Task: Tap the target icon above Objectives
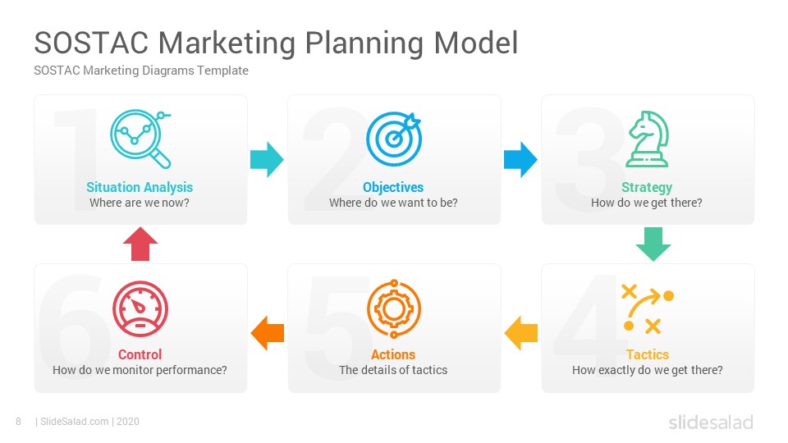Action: (393, 139)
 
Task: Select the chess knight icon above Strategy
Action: (648, 139)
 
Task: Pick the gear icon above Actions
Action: (394, 309)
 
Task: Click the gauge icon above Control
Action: (140, 308)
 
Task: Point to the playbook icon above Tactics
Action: (648, 308)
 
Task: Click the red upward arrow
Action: (140, 244)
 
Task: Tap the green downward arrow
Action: (653, 244)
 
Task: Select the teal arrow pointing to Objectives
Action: (267, 160)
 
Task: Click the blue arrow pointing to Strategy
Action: (520, 160)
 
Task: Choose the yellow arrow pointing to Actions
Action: (520, 333)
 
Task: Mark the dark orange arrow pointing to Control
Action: (267, 333)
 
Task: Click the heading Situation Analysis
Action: (140, 187)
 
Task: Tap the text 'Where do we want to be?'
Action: (393, 203)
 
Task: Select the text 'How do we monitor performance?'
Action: (140, 370)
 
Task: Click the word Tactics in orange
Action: (648, 354)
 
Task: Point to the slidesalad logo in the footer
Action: (711, 422)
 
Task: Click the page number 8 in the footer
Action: (19, 422)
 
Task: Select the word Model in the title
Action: (475, 43)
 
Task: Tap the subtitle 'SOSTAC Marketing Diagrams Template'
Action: (141, 71)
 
